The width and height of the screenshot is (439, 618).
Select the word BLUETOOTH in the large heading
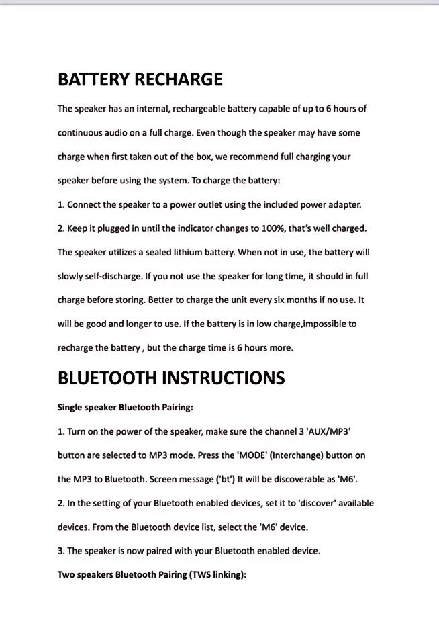(x=107, y=378)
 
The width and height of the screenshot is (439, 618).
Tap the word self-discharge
(x=106, y=276)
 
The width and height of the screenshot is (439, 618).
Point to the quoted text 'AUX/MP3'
(x=329, y=431)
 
